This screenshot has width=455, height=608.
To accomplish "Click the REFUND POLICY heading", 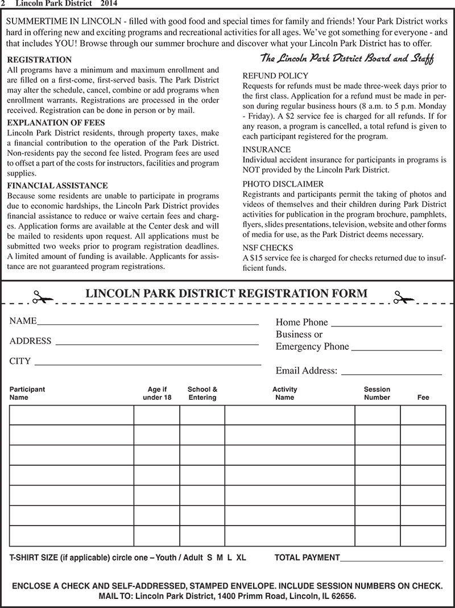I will click(275, 76).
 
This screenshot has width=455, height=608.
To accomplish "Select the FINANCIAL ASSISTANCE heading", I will click(57, 185).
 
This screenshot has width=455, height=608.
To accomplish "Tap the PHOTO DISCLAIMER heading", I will click(283, 184).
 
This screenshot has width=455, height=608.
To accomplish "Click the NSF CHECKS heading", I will click(268, 247).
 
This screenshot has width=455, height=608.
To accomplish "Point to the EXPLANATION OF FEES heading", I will click(56, 122).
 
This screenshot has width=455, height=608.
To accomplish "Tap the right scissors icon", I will click(403, 296).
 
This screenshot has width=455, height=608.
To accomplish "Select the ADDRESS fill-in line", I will click(157, 344).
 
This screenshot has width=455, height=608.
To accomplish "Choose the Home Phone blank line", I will click(386, 325).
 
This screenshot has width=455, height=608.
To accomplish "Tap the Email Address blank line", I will click(391, 374).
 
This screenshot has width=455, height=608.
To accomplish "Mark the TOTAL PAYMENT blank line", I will click(391, 561).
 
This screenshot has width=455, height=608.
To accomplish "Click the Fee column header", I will click(423, 398).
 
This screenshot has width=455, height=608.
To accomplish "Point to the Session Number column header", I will click(377, 394).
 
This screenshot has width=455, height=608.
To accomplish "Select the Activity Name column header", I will click(284, 394).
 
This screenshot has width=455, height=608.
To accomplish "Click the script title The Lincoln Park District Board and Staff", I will click(347, 59).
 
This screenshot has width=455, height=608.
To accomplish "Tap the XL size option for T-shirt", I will click(241, 558).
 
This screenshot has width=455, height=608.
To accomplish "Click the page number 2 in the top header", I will click(3, 4).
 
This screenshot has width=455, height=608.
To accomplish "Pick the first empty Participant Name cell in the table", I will click(71, 415).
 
